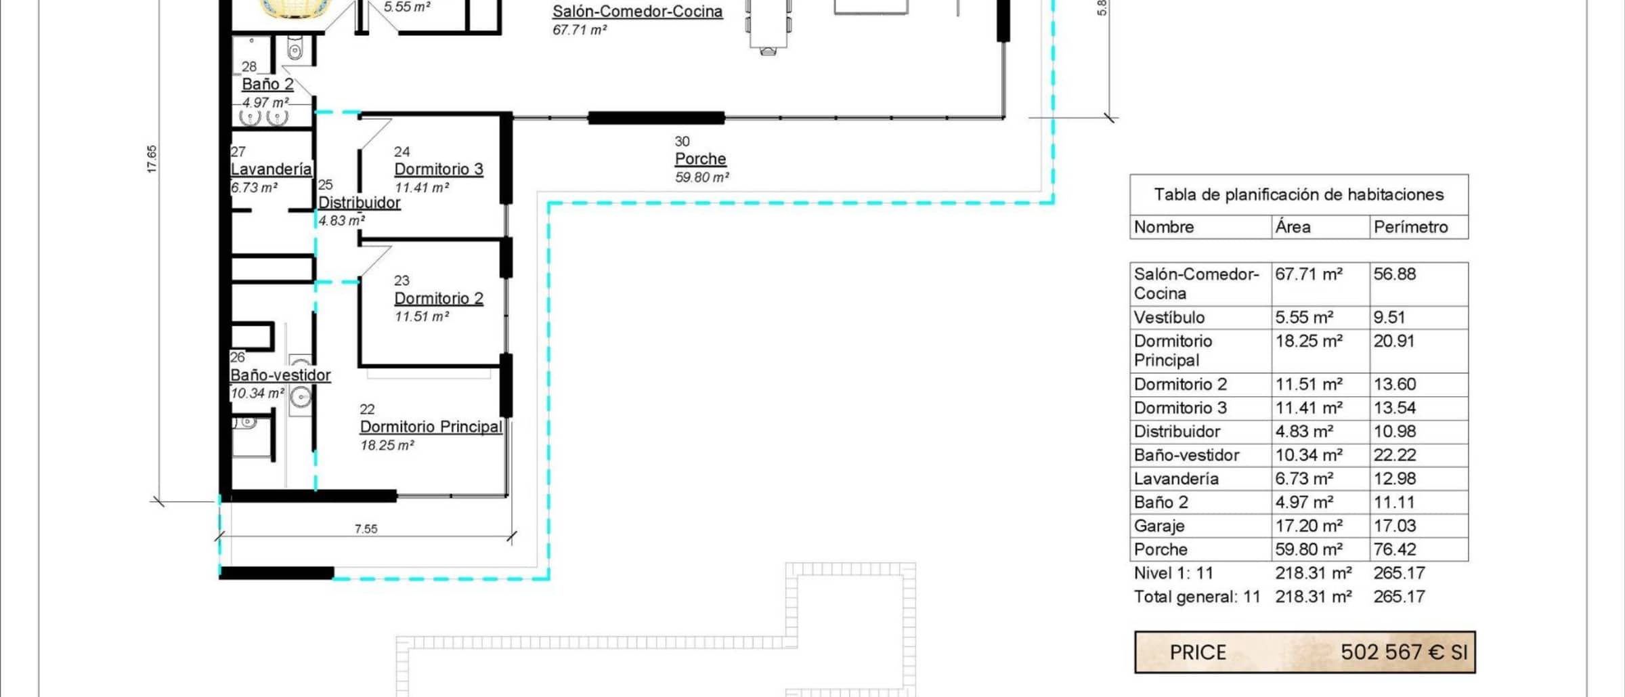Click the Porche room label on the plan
tap(700, 159)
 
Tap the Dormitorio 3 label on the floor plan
tap(439, 169)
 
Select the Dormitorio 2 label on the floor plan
tap(439, 298)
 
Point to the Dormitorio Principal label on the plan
tap(431, 427)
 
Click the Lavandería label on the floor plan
tap(272, 169)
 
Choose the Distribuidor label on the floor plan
tap(360, 203)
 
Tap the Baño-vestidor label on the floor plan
tap(280, 375)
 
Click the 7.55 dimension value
tap(366, 529)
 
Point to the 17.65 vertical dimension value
tap(152, 159)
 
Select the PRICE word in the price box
tap(1198, 652)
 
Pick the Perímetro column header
tap(1410, 227)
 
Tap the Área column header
tap(1293, 227)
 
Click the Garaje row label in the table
tap(1159, 526)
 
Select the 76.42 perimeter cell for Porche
tap(1395, 549)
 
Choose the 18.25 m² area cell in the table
tap(1309, 341)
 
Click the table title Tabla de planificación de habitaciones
tap(1299, 195)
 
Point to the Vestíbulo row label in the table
tap(1169, 318)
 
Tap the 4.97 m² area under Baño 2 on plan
tap(265, 103)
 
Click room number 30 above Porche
tap(682, 142)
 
